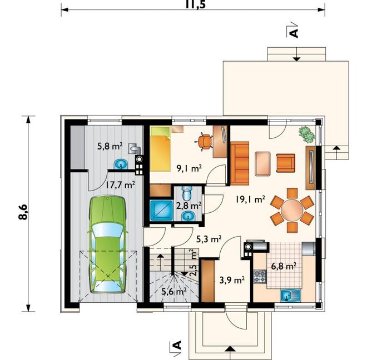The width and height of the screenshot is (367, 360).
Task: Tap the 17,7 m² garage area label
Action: tap(120, 185)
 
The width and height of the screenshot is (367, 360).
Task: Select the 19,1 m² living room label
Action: tap(250, 199)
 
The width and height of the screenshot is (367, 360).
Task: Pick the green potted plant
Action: tap(306, 134)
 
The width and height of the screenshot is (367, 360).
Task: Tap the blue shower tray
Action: tap(161, 211)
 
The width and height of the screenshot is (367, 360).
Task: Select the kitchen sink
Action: tap(290, 295)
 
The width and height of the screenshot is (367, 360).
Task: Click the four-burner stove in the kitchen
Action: tap(260, 276)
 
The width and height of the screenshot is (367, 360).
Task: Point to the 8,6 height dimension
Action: tap(23, 212)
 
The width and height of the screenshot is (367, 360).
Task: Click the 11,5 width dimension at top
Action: tap(195, 4)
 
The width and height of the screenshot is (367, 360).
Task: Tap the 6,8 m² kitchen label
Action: tap(284, 266)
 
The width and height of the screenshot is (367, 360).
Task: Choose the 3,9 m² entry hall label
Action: tap(232, 279)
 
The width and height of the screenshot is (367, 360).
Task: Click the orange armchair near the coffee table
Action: tap(286, 163)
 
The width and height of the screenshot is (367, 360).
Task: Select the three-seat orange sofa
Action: tap(240, 163)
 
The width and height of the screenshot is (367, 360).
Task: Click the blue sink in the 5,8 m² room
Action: tap(121, 164)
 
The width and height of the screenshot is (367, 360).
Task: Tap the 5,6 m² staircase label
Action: tap(174, 292)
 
